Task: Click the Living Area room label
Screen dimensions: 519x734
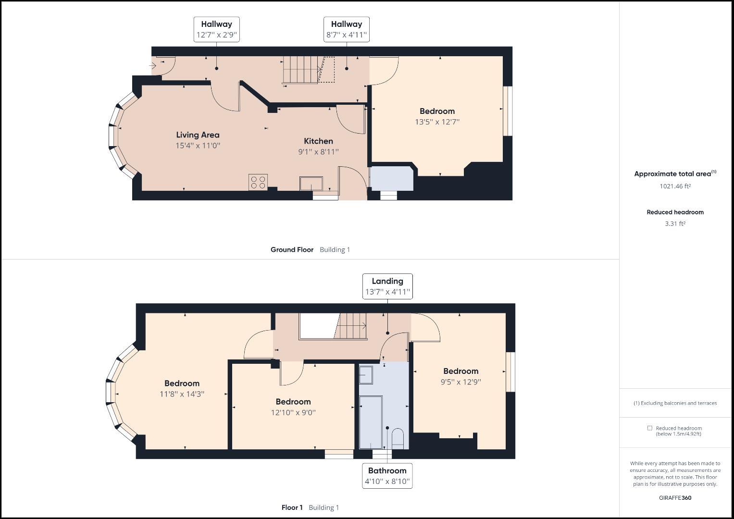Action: (x=198, y=135)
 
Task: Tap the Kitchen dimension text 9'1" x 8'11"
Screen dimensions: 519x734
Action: (x=318, y=152)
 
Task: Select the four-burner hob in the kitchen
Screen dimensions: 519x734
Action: (x=258, y=182)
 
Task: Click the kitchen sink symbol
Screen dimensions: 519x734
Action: (x=311, y=184)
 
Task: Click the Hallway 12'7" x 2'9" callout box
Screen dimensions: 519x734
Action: (x=216, y=30)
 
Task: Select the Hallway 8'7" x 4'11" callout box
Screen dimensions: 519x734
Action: (x=346, y=30)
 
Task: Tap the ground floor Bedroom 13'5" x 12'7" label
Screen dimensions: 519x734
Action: (x=437, y=116)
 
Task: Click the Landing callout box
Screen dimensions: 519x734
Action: (x=387, y=286)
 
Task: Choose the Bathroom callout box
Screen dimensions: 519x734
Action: (x=387, y=476)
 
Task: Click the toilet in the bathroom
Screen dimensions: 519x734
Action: (x=398, y=439)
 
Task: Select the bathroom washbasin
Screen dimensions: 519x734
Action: (x=366, y=375)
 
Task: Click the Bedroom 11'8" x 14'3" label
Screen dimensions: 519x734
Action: (x=182, y=388)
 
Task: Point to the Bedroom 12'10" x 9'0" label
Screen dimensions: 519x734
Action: (x=293, y=407)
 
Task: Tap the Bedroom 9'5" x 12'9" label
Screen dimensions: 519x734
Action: (x=460, y=376)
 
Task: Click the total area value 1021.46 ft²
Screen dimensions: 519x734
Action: (x=675, y=186)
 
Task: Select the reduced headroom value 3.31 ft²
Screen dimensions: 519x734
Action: (x=675, y=223)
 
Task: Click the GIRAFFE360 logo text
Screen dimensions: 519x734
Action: (x=675, y=498)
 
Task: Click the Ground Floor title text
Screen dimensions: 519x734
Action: (x=292, y=250)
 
